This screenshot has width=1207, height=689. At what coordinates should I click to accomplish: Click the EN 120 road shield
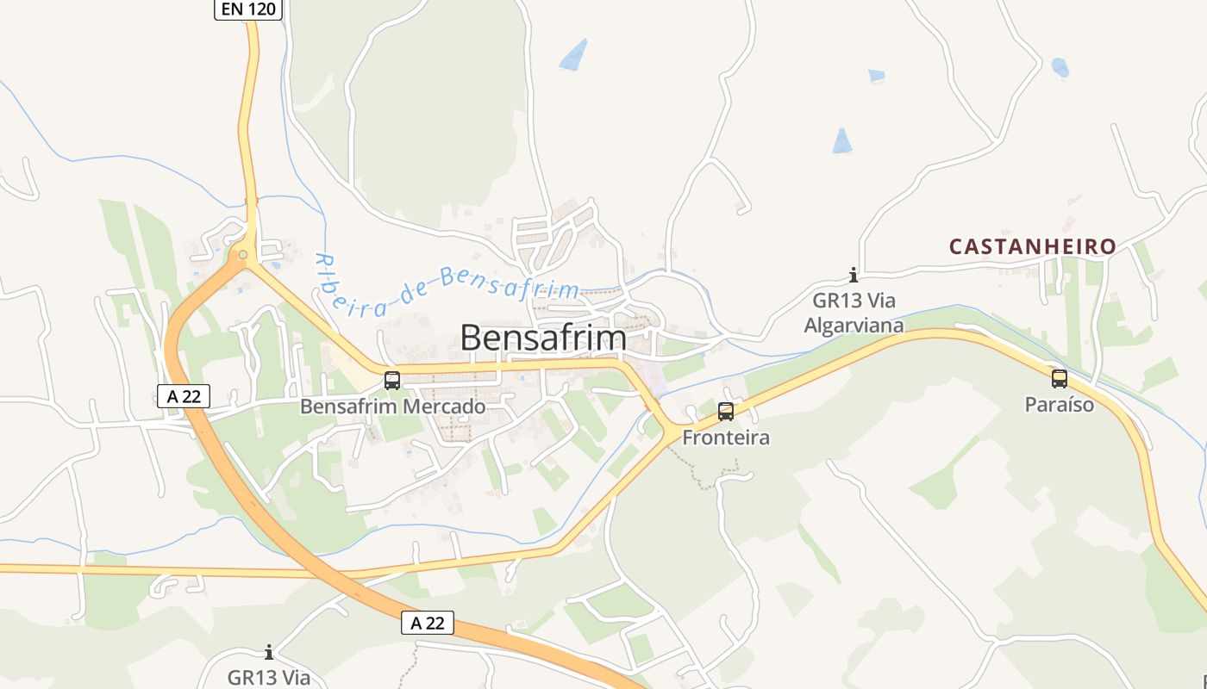(248, 9)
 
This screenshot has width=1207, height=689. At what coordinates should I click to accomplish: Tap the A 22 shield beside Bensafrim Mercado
(184, 396)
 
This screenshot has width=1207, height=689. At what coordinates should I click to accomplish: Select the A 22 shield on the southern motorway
(428, 623)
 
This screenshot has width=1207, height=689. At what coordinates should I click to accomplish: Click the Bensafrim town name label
(543, 338)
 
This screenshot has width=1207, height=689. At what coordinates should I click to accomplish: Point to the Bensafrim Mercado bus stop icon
(392, 380)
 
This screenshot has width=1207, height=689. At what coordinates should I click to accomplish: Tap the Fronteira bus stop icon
(726, 412)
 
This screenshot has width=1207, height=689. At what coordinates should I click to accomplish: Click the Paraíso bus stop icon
(1060, 378)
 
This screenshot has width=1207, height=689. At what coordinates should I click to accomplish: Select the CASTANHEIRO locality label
(1033, 247)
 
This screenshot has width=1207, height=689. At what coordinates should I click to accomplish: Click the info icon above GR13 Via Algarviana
(854, 276)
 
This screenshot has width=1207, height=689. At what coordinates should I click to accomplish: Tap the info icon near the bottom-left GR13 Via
(269, 652)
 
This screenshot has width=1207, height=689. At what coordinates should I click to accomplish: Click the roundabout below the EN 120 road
(244, 254)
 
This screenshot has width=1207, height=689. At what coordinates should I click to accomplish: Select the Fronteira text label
(726, 438)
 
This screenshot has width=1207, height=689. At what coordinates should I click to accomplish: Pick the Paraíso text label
(1060, 404)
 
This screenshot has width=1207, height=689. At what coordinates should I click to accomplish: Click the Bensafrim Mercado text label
(392, 406)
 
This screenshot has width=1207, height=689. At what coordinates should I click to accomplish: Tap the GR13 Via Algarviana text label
(854, 313)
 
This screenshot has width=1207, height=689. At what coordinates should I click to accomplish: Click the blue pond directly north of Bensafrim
(574, 55)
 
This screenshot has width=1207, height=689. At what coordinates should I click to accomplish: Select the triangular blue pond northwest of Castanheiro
(842, 141)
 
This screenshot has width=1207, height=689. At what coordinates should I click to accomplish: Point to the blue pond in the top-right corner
(1060, 67)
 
